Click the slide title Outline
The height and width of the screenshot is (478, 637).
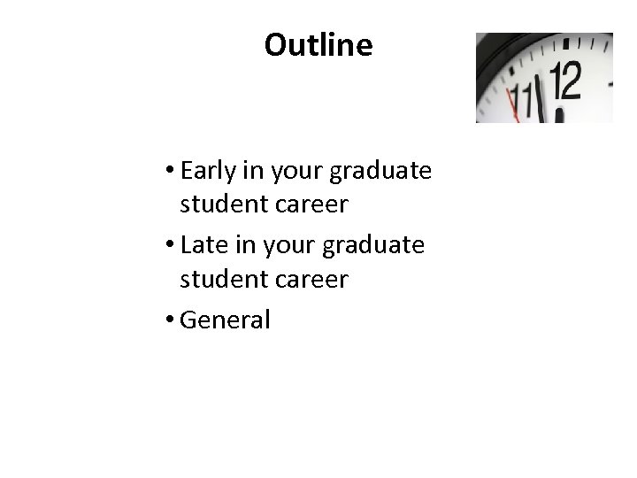pos(318,45)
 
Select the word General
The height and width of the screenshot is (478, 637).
pos(225,320)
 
